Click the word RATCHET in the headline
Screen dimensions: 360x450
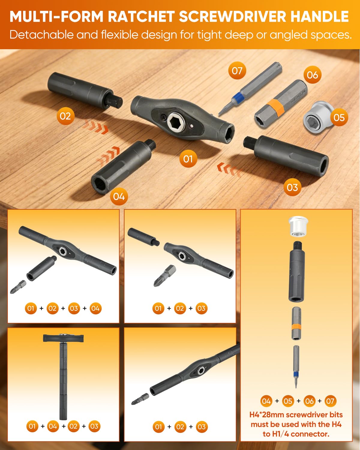click(x=141, y=17)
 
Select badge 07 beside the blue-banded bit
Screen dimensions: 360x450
click(x=237, y=71)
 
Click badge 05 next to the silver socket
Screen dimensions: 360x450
click(x=339, y=118)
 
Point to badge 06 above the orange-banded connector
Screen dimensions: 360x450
click(x=313, y=75)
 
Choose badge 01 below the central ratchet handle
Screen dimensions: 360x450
click(x=188, y=159)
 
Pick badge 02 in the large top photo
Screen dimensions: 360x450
click(x=65, y=116)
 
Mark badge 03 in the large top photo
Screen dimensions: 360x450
click(x=292, y=187)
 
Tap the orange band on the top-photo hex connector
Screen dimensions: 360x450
click(x=276, y=108)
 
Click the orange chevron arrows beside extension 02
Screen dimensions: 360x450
click(x=96, y=127)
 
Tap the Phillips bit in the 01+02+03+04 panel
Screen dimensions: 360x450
click(x=18, y=287)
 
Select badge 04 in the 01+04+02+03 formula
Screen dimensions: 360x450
click(x=53, y=426)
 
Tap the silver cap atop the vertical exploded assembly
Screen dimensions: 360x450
click(x=298, y=226)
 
